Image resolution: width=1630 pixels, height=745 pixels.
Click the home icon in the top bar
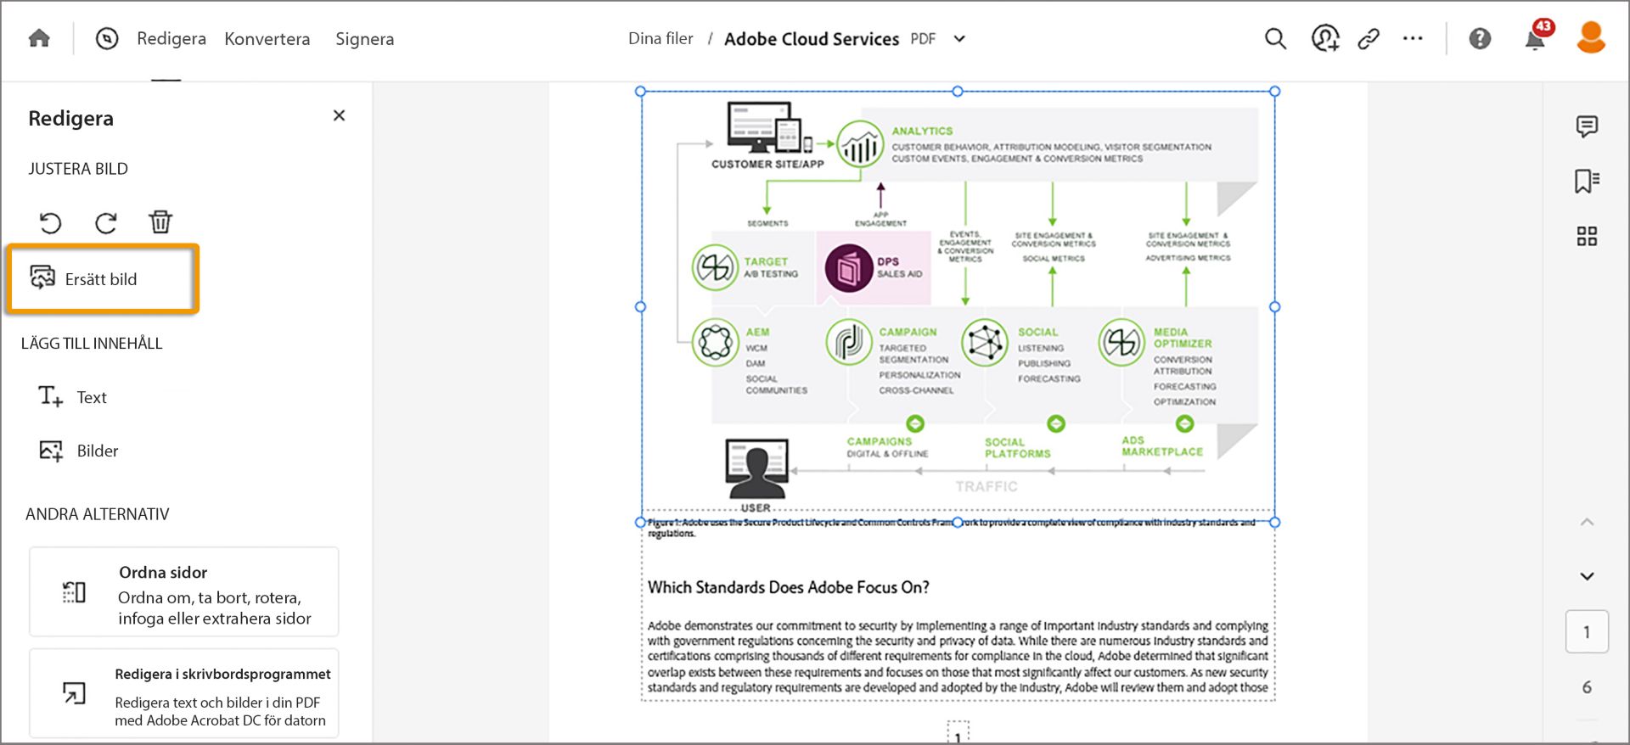(39, 39)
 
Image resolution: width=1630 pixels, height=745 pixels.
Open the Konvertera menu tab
(267, 39)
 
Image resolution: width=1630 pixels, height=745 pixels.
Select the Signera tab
(364, 39)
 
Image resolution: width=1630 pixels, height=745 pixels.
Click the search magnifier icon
(1275, 39)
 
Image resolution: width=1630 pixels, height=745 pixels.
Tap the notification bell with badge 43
(1535, 39)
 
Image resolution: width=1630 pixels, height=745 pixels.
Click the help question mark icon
(1480, 39)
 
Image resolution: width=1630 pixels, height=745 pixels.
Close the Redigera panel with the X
(339, 115)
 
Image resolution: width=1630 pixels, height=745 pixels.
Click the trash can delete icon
(160, 222)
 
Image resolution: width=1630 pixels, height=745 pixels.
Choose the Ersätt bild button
(102, 279)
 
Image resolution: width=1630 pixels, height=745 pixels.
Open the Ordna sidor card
(184, 592)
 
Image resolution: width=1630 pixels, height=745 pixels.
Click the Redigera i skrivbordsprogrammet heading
(222, 674)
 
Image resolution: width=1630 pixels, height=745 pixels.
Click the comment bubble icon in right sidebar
(1586, 126)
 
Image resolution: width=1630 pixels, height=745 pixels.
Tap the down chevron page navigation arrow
(1587, 576)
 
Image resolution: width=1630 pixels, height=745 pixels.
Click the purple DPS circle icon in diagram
(848, 268)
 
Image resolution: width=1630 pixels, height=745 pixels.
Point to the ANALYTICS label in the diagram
(922, 131)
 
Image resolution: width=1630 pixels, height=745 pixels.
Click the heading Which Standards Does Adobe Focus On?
(788, 587)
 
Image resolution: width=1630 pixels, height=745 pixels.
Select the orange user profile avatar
(1590, 38)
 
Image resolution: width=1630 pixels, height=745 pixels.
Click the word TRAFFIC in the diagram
(986, 486)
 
